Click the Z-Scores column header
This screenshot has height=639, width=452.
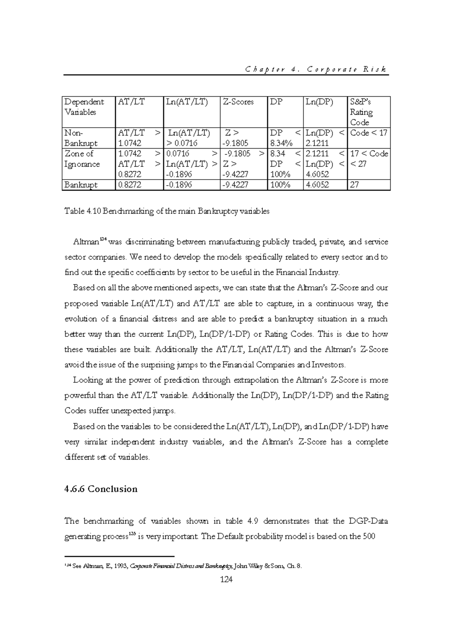pyautogui.click(x=238, y=102)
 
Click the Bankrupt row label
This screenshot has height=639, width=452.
pyautogui.click(x=81, y=185)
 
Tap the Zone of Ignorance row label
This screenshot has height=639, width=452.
pyautogui.click(x=82, y=159)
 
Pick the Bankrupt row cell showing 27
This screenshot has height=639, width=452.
pyautogui.click(x=354, y=185)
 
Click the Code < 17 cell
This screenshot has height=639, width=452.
pyautogui.click(x=368, y=133)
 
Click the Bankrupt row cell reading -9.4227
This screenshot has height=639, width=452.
pyautogui.click(x=235, y=185)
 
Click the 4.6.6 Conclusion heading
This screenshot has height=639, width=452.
pyautogui.click(x=101, y=489)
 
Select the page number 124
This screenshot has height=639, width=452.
pyautogui.click(x=226, y=580)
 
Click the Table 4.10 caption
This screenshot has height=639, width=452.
pyautogui.click(x=167, y=211)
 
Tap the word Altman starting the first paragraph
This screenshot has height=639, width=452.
pyautogui.click(x=85, y=242)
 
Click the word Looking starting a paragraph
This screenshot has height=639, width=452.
pyautogui.click(x=87, y=380)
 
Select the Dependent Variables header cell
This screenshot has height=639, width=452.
pyautogui.click(x=84, y=107)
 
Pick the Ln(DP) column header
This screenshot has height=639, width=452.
pyautogui.click(x=320, y=102)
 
